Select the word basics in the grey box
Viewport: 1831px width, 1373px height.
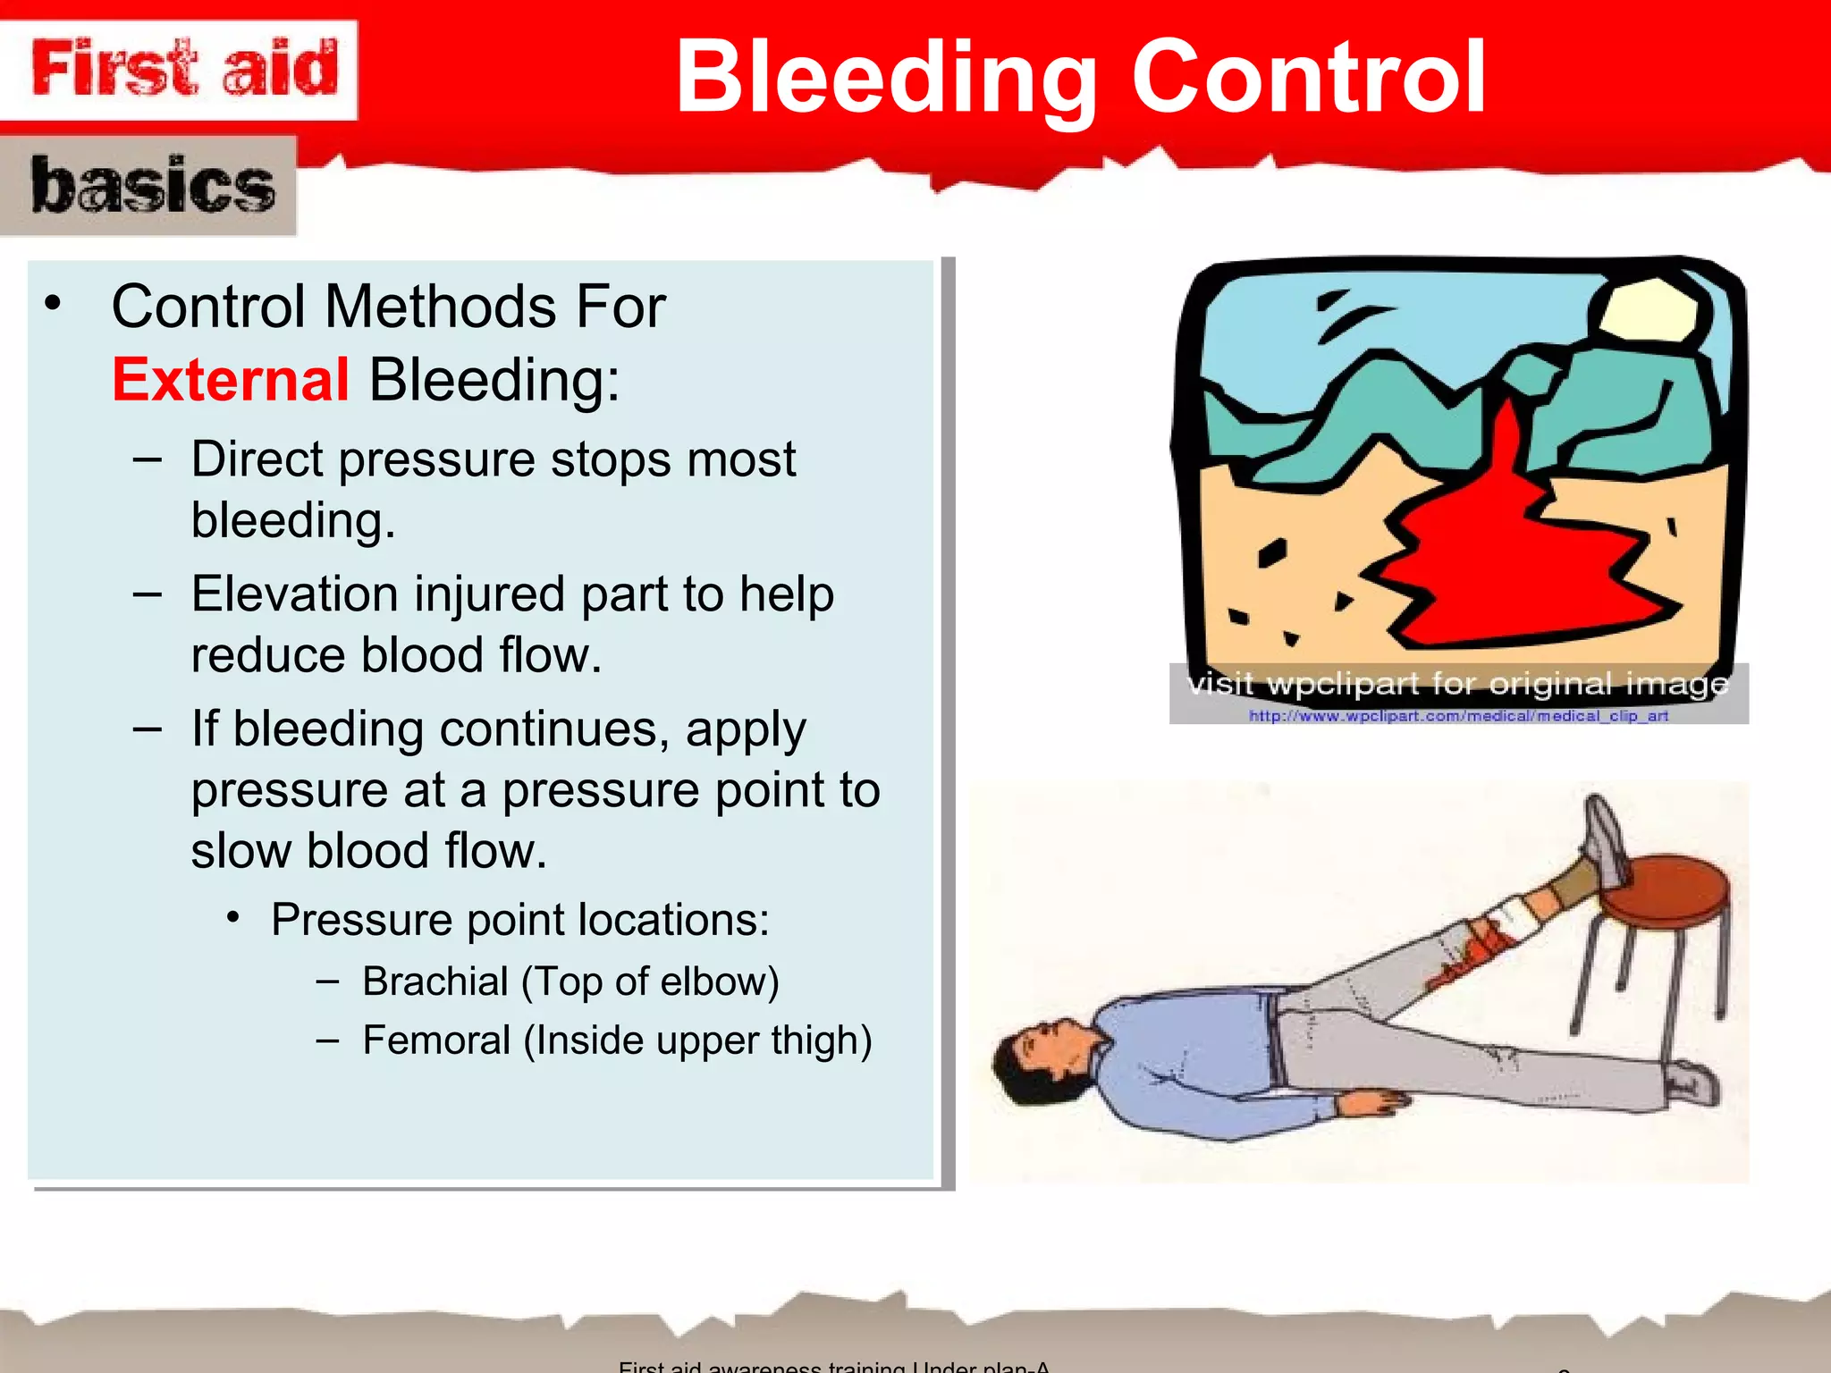click(x=152, y=186)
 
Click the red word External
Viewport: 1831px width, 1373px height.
click(x=231, y=380)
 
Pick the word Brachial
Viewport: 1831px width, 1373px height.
click(x=435, y=981)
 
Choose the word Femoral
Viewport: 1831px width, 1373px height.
click(x=436, y=1040)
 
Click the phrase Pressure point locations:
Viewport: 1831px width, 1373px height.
click(x=519, y=920)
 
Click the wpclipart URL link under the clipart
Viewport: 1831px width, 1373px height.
click(x=1457, y=716)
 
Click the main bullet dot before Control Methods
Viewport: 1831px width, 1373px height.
click(x=54, y=304)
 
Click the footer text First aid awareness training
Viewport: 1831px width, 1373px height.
click(x=760, y=1366)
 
